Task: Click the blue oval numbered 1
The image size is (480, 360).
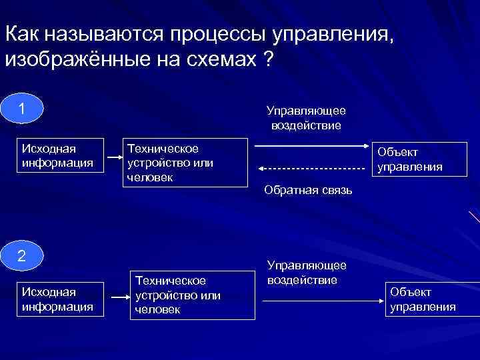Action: [x=22, y=108]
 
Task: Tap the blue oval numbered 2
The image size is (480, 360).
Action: [x=22, y=256]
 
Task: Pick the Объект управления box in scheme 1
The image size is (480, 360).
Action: [x=409, y=160]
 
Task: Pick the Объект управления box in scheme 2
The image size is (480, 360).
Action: [x=423, y=299]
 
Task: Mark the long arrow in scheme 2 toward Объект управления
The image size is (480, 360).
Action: [x=323, y=301]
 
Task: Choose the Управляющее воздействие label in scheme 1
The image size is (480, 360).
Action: [x=306, y=117]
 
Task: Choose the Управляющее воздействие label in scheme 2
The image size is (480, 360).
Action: [x=302, y=273]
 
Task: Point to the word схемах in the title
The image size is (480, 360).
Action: [x=223, y=59]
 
